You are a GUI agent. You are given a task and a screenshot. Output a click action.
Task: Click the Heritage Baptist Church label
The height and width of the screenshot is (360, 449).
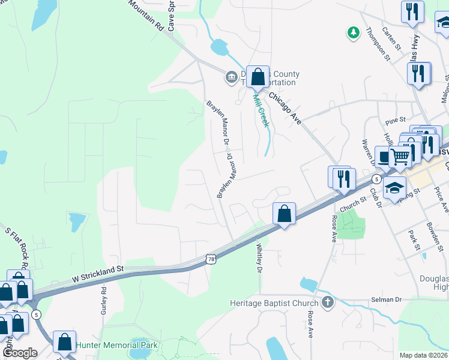[274, 303]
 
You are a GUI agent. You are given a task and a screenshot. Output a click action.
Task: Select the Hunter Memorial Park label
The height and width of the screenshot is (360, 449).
[117, 345]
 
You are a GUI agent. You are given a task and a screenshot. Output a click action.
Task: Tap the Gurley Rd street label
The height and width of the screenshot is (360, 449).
[104, 298]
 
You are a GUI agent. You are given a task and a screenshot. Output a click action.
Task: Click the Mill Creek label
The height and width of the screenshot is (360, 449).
[260, 110]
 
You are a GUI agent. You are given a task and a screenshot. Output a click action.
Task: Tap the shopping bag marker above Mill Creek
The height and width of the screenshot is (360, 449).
[258, 77]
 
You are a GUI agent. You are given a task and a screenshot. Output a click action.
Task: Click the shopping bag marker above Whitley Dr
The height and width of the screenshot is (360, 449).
[284, 214]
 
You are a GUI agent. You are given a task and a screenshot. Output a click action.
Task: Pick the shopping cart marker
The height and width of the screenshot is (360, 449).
[400, 157]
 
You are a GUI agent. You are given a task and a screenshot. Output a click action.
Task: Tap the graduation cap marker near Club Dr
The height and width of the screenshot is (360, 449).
[394, 188]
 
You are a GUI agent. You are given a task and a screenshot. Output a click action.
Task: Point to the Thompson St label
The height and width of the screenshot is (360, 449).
[379, 45]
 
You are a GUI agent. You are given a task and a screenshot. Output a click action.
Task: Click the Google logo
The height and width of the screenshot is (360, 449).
[20, 353]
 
